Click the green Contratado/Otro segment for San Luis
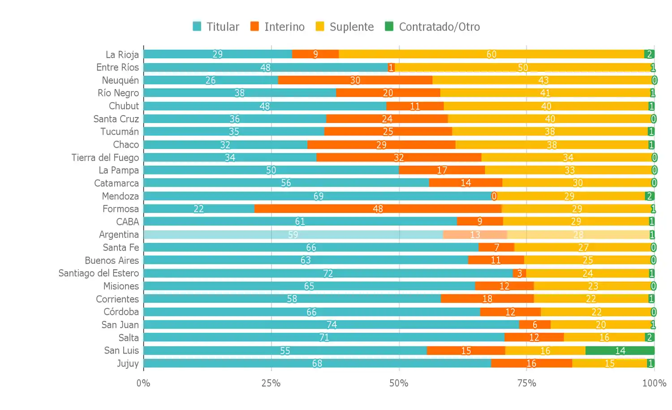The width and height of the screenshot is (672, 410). (x=620, y=350)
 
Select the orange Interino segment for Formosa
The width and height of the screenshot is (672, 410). (x=378, y=209)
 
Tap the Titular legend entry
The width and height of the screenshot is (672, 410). (x=216, y=27)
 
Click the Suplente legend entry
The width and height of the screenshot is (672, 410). (x=345, y=27)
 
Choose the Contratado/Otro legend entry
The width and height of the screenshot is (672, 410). (x=432, y=27)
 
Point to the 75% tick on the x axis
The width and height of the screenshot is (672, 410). (x=526, y=383)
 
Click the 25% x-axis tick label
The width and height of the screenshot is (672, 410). (x=271, y=383)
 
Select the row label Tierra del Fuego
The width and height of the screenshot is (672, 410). (x=105, y=157)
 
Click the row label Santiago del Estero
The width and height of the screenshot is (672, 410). (x=99, y=273)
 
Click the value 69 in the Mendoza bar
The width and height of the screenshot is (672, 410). (x=319, y=196)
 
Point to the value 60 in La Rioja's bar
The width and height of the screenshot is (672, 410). (x=491, y=54)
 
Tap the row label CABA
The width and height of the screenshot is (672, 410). (x=128, y=222)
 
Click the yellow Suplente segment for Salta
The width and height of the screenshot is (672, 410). (x=604, y=337)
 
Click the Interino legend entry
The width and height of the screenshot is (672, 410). (x=278, y=27)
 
